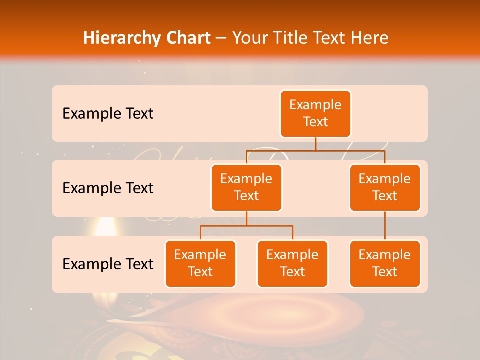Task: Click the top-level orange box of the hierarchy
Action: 315,113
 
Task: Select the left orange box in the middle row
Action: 246,187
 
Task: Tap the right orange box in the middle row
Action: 385,187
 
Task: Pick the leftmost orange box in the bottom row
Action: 200,263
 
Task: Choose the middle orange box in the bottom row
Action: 292,263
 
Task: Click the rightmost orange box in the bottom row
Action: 385,263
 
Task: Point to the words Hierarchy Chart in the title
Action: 147,38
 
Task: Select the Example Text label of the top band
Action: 108,113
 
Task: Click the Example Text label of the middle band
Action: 108,188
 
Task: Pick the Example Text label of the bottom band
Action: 108,264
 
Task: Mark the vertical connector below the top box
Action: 315,144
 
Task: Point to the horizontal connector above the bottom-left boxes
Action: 246,226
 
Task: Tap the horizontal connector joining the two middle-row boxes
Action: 315,150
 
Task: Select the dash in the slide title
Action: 221,38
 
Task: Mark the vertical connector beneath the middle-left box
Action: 246,218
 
